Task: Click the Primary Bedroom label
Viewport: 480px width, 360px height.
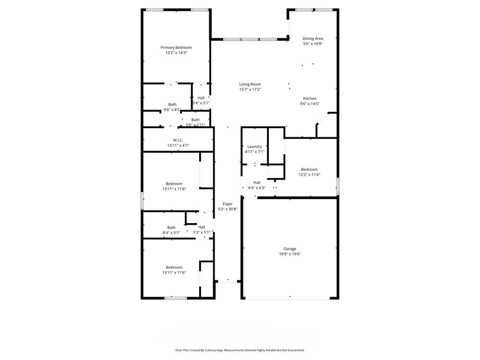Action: (x=176, y=48)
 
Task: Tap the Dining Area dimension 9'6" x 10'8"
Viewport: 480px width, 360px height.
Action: (x=312, y=44)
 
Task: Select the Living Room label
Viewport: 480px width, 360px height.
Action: (x=250, y=84)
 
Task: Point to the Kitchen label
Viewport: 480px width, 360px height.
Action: (x=310, y=98)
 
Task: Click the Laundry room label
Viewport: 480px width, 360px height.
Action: (x=254, y=146)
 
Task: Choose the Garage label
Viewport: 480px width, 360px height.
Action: (x=289, y=249)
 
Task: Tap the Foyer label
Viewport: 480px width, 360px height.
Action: (x=228, y=204)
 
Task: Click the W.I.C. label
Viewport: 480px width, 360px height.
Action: (x=178, y=140)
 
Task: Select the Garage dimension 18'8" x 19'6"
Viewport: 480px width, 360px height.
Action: (x=289, y=254)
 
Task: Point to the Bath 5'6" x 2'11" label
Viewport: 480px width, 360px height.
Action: (x=195, y=120)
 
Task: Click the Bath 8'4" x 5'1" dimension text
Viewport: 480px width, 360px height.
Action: (x=171, y=233)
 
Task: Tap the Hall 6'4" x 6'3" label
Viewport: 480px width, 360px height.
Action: (x=257, y=182)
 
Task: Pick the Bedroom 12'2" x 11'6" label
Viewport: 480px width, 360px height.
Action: (x=309, y=169)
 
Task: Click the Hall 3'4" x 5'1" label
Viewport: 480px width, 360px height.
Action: (x=201, y=98)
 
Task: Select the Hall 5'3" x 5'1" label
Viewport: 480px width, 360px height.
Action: (x=202, y=227)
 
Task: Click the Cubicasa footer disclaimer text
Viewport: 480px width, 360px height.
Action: (x=240, y=350)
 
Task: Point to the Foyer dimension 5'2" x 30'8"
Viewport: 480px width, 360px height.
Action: (x=228, y=209)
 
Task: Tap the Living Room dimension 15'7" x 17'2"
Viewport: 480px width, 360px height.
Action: (x=250, y=90)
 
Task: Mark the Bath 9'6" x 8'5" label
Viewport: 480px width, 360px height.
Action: (x=172, y=105)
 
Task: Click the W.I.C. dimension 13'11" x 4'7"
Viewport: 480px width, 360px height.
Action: (x=178, y=145)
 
